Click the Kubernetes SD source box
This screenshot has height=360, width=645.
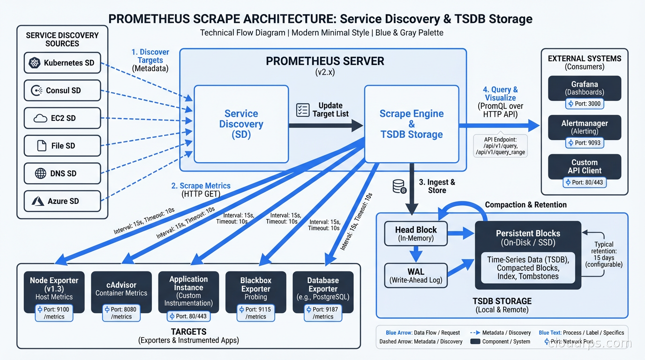tap(62, 63)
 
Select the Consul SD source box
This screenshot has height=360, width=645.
tap(62, 90)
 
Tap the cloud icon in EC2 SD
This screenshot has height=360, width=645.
tap(40, 119)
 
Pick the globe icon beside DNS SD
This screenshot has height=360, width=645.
tap(41, 173)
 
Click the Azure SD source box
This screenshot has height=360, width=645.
tap(62, 201)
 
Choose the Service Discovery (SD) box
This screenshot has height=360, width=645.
tap(241, 124)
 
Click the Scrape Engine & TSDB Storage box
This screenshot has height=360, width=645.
tap(411, 124)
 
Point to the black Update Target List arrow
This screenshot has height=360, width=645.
tap(325, 125)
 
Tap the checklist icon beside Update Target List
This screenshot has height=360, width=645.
tap(303, 110)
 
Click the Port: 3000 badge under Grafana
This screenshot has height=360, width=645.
tap(584, 104)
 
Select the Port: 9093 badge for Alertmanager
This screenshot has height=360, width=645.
tap(584, 142)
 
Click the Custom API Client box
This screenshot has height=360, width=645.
tap(584, 166)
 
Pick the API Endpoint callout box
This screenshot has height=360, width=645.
tap(500, 146)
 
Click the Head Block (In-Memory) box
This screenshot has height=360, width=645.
tap(416, 233)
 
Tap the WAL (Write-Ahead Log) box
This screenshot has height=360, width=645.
tap(416, 276)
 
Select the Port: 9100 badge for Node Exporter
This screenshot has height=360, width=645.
tap(54, 313)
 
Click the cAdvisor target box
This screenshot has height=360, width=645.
tap(121, 288)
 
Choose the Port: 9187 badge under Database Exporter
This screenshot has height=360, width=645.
tap(323, 313)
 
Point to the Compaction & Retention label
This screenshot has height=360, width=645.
tap(525, 205)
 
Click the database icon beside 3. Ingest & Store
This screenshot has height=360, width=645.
tap(399, 187)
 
